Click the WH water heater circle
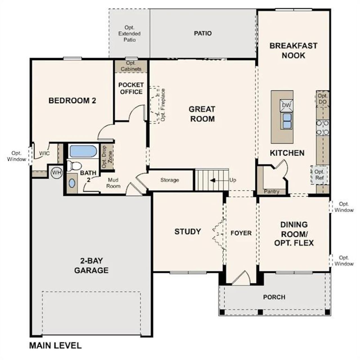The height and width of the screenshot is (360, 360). click(x=57, y=173)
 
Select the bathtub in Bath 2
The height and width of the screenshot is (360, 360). click(x=83, y=151)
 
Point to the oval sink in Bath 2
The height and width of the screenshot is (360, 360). click(x=72, y=183)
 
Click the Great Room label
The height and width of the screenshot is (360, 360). click(x=202, y=114)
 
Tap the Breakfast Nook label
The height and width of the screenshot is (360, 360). click(x=293, y=50)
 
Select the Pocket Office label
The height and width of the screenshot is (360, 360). click(x=131, y=88)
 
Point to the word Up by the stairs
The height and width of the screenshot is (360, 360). click(x=233, y=180)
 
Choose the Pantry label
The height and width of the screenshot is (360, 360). click(x=272, y=192)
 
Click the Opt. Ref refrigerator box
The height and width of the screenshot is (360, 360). click(x=319, y=175)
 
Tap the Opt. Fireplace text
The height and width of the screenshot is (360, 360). click(x=163, y=105)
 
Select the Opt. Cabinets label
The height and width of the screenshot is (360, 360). click(x=131, y=66)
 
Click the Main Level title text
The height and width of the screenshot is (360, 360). click(x=55, y=345)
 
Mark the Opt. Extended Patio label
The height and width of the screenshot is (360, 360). click(x=129, y=33)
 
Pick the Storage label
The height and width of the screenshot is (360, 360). click(x=170, y=180)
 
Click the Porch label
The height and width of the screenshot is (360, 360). click(x=274, y=297)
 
